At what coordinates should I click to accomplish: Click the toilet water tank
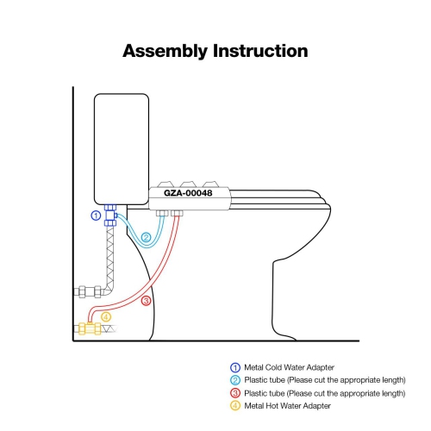pyautogui.click(x=120, y=147)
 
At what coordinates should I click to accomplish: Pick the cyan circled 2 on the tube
pyautogui.click(x=147, y=236)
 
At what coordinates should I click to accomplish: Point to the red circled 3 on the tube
pyautogui.click(x=146, y=301)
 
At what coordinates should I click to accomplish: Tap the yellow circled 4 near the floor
pyautogui.click(x=106, y=316)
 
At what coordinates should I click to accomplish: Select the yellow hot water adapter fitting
pyautogui.click(x=86, y=328)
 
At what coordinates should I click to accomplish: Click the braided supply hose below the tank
pyautogui.click(x=108, y=259)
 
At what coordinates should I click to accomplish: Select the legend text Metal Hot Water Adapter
pyautogui.click(x=290, y=405)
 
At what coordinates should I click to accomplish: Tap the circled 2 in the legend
pyautogui.click(x=234, y=380)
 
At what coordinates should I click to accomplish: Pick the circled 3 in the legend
pyautogui.click(x=234, y=393)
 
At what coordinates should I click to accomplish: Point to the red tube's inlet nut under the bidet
pyautogui.click(x=178, y=213)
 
